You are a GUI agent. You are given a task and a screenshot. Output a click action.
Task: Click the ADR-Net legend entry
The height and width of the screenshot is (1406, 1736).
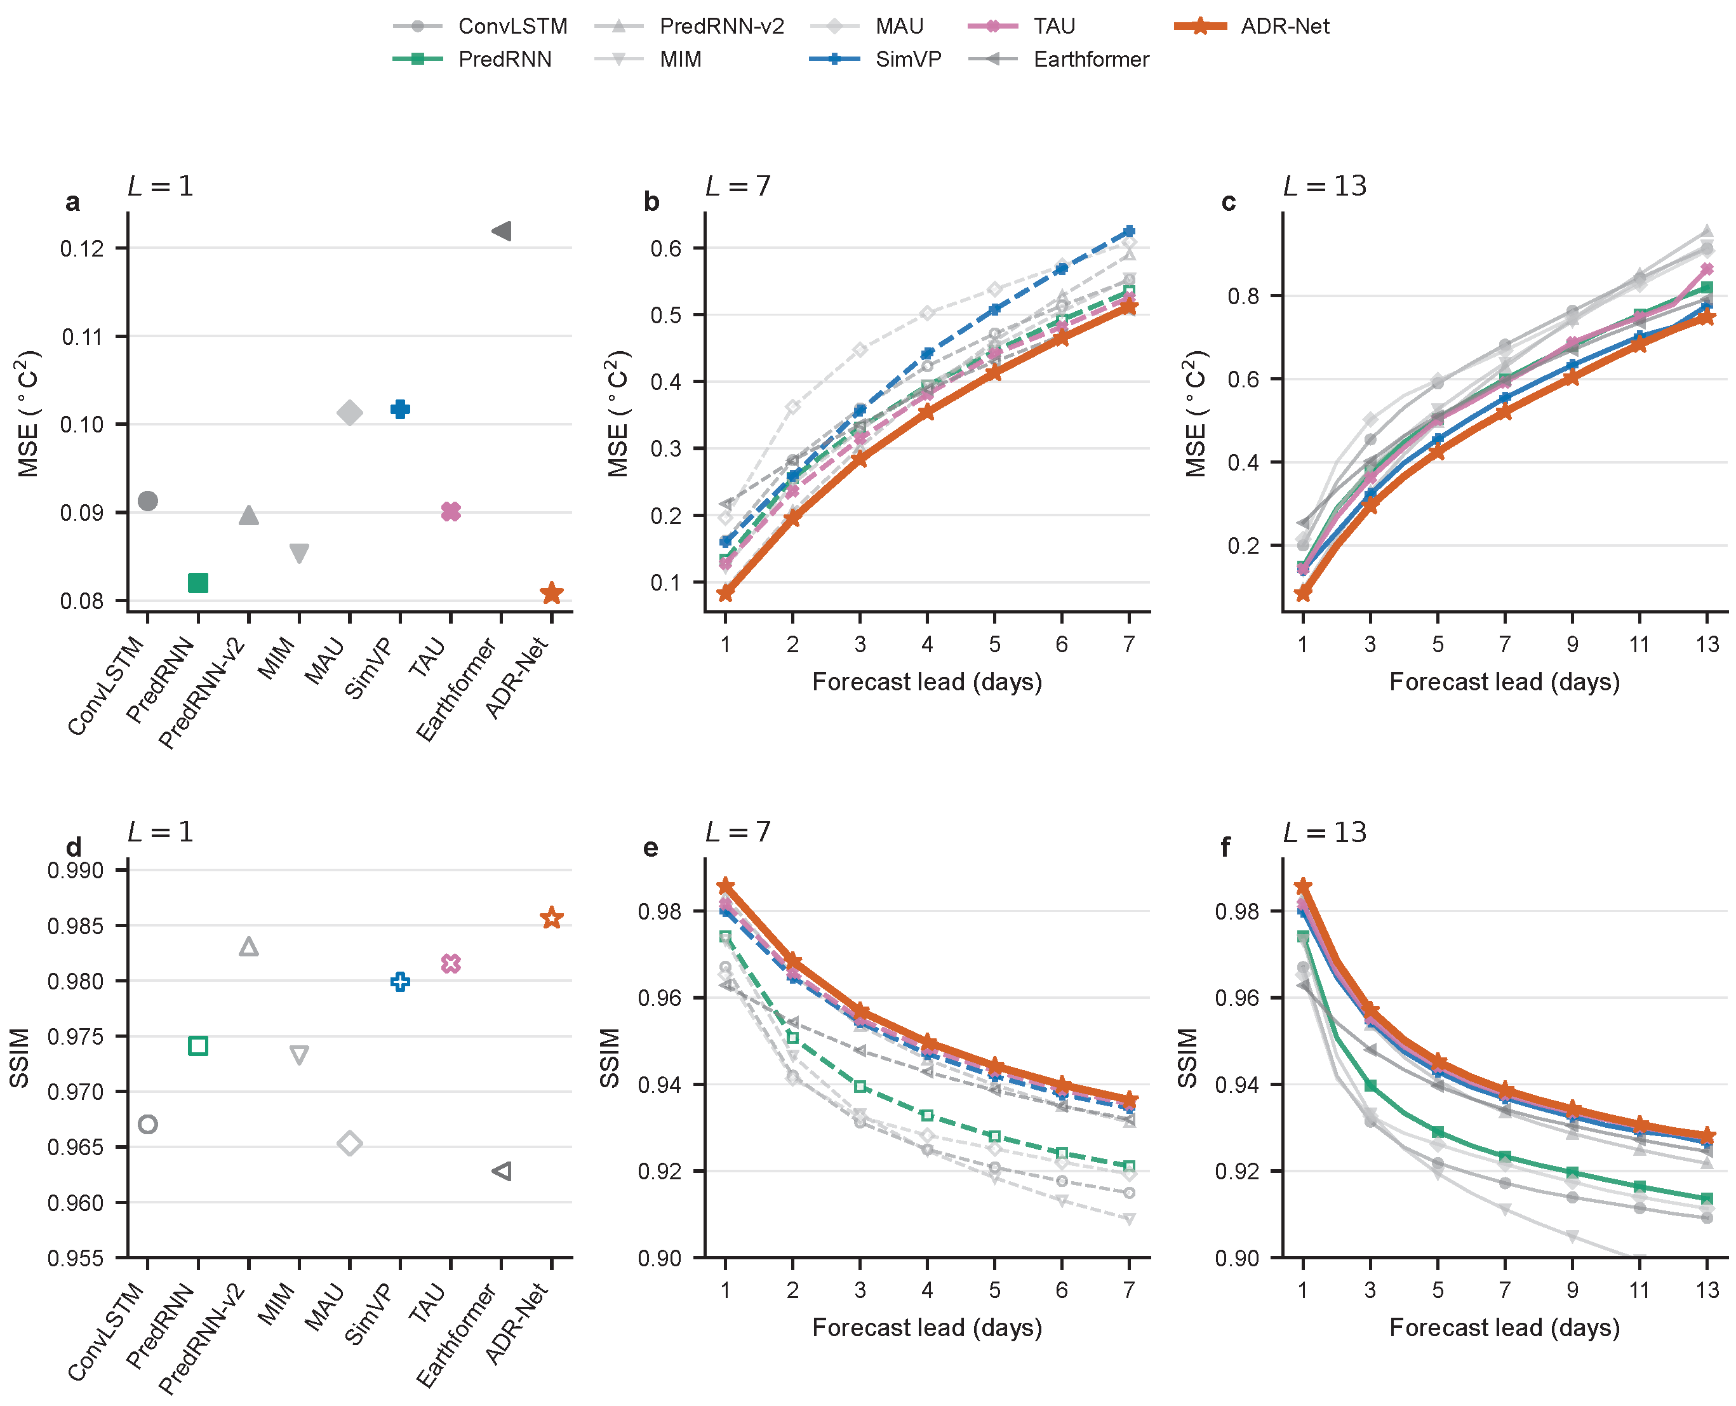tap(1251, 26)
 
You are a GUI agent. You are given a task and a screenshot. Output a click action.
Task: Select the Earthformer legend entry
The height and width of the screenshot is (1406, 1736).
tap(1058, 59)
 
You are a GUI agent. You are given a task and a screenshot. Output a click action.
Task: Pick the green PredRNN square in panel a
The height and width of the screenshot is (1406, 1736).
tap(197, 582)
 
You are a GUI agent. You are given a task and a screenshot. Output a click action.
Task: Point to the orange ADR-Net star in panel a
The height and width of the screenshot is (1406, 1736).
tap(551, 593)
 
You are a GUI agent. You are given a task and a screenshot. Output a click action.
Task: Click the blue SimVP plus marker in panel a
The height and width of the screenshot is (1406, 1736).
tap(400, 409)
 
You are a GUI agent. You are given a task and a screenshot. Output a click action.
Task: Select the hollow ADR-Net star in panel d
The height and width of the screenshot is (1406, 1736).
tap(551, 918)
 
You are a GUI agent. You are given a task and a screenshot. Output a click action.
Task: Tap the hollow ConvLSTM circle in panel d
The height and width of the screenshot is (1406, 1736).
tap(147, 1124)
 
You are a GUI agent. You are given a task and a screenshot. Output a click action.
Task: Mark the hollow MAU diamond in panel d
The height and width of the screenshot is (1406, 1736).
tap(350, 1144)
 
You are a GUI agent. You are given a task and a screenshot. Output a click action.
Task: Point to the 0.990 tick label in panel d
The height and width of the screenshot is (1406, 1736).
tap(76, 871)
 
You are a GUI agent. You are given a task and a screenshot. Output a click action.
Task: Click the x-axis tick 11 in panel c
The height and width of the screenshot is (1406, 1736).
tap(1639, 644)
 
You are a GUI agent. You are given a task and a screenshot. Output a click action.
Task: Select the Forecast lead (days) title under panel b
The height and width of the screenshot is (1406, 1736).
tap(927, 682)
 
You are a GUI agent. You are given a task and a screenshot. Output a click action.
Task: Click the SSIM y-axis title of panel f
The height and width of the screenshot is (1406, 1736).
tap(1187, 1058)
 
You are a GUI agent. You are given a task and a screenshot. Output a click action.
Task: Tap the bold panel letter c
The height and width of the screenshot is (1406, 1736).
tap(1228, 202)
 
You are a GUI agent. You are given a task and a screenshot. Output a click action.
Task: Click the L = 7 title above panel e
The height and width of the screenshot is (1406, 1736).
tap(738, 832)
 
